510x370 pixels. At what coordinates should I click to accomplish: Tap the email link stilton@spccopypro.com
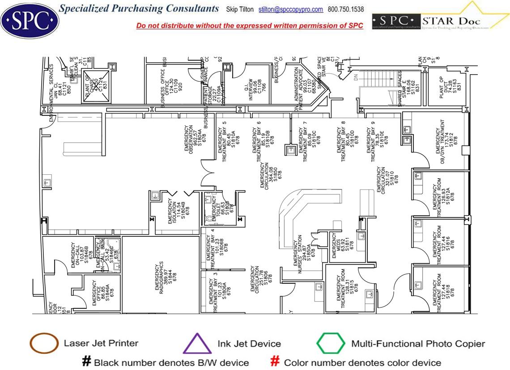(x=290, y=9)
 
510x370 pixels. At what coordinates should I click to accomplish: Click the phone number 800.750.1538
(x=346, y=9)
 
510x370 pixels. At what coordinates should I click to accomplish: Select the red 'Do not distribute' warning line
(x=250, y=25)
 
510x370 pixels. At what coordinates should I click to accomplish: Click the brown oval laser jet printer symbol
(x=44, y=344)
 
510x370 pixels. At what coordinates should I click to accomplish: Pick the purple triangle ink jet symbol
(x=197, y=345)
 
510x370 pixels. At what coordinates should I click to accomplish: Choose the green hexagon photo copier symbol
(x=331, y=344)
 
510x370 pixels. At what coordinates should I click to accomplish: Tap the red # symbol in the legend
(x=276, y=362)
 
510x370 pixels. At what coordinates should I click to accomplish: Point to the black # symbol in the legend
(x=86, y=362)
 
